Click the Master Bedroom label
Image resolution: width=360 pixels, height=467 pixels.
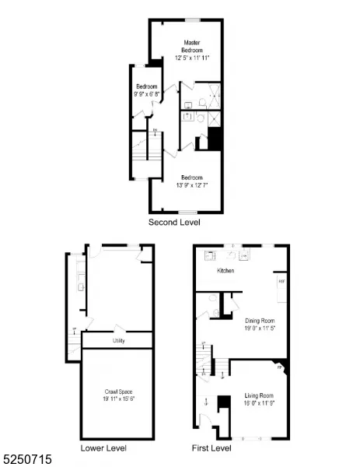[192, 45]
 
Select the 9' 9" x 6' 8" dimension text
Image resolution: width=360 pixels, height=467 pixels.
[147, 94]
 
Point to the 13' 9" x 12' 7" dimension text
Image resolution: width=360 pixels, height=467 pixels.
[192, 184]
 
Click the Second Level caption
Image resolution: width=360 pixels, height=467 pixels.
[174, 223]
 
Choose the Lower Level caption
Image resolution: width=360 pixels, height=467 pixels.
[103, 448]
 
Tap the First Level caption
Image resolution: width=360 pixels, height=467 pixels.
[211, 448]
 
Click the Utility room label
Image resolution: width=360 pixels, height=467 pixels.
[118, 341]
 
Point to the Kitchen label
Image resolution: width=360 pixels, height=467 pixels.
[225, 271]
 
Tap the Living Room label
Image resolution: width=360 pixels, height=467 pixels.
[258, 395]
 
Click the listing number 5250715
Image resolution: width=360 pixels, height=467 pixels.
[27, 460]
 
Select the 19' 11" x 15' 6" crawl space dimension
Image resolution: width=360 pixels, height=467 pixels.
[118, 399]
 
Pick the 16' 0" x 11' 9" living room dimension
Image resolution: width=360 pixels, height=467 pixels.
[258, 403]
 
